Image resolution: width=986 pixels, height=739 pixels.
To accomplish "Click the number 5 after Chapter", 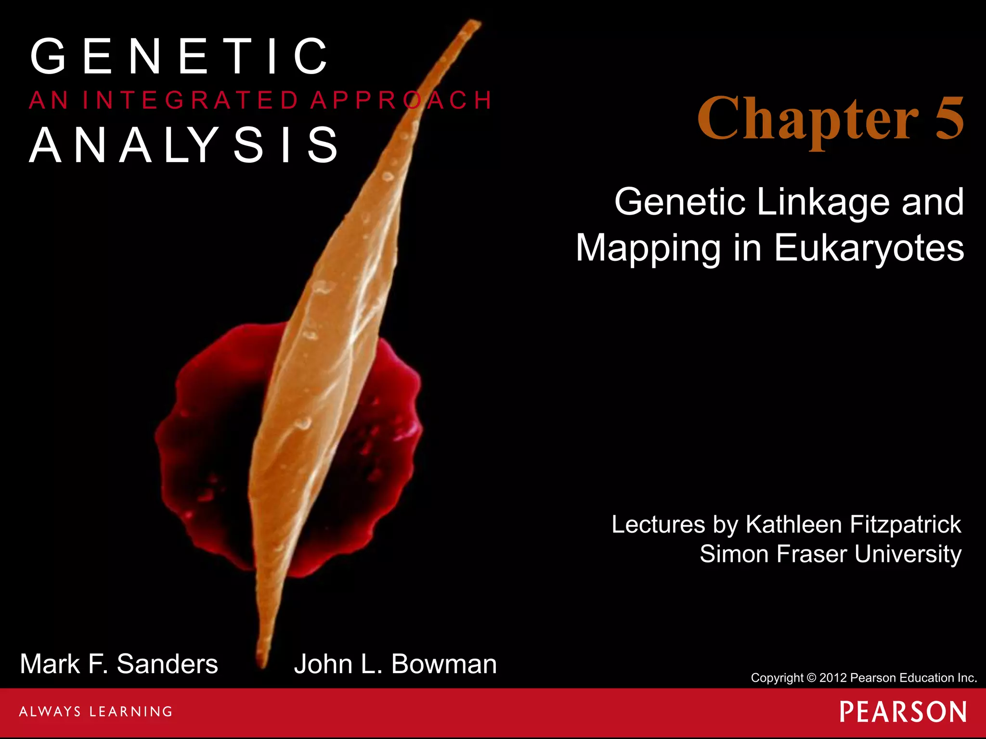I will [x=949, y=118].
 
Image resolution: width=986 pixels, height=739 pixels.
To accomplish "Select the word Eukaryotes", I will [x=869, y=248].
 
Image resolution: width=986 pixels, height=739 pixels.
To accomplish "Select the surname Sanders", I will [x=167, y=664].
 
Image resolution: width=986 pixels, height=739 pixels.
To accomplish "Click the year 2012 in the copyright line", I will [x=833, y=678].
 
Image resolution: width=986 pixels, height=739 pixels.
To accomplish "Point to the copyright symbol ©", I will [x=811, y=678].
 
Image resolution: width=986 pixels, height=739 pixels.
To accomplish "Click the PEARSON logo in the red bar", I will [x=903, y=712].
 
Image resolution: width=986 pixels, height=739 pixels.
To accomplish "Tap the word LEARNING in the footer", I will [x=131, y=712].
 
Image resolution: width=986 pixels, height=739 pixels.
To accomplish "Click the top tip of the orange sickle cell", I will [x=474, y=24].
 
